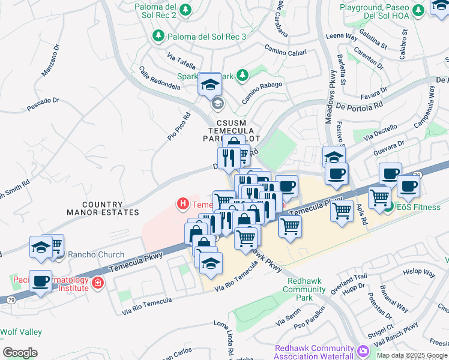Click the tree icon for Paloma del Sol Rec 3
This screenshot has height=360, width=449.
(158, 37)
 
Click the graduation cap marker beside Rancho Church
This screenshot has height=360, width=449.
(40, 247)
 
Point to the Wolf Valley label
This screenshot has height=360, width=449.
(21, 332)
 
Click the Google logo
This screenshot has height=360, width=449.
(20, 353)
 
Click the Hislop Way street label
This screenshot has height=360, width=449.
(420, 272)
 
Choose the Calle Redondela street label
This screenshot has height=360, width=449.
(160, 78)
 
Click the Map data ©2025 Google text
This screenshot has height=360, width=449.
(412, 355)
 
